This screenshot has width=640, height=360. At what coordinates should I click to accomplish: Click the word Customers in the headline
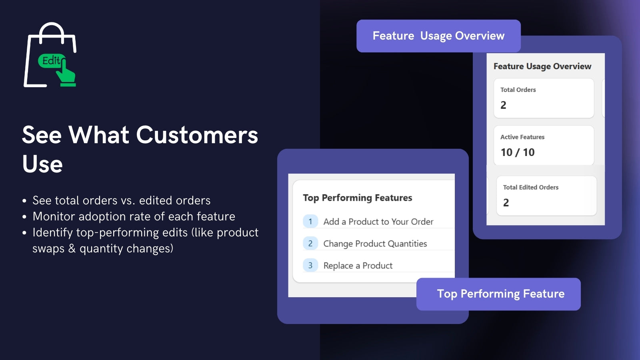[x=197, y=135]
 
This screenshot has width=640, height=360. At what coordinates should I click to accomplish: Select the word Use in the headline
[x=42, y=164]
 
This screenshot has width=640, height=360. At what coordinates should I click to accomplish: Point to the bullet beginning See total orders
[x=121, y=200]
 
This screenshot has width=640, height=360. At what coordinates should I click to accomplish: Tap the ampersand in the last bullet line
[x=72, y=248]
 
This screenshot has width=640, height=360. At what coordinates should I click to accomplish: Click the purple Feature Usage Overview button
[x=438, y=36]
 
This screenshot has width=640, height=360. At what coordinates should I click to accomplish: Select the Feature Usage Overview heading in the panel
[x=542, y=66]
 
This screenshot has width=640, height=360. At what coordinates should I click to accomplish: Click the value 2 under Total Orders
[x=504, y=105]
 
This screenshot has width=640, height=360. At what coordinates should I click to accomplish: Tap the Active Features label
[x=522, y=137]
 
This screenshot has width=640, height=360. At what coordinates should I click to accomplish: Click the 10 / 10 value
[x=518, y=152]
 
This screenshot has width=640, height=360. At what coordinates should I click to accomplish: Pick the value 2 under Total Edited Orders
[x=506, y=203]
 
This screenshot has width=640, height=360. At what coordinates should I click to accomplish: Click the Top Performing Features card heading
[x=357, y=198]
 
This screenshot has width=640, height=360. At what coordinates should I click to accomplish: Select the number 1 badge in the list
[x=310, y=221]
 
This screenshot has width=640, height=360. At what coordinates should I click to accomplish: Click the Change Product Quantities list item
[x=375, y=244]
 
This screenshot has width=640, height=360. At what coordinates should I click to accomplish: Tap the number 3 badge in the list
[x=310, y=265]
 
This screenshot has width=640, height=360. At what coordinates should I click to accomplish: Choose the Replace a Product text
[x=358, y=266]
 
